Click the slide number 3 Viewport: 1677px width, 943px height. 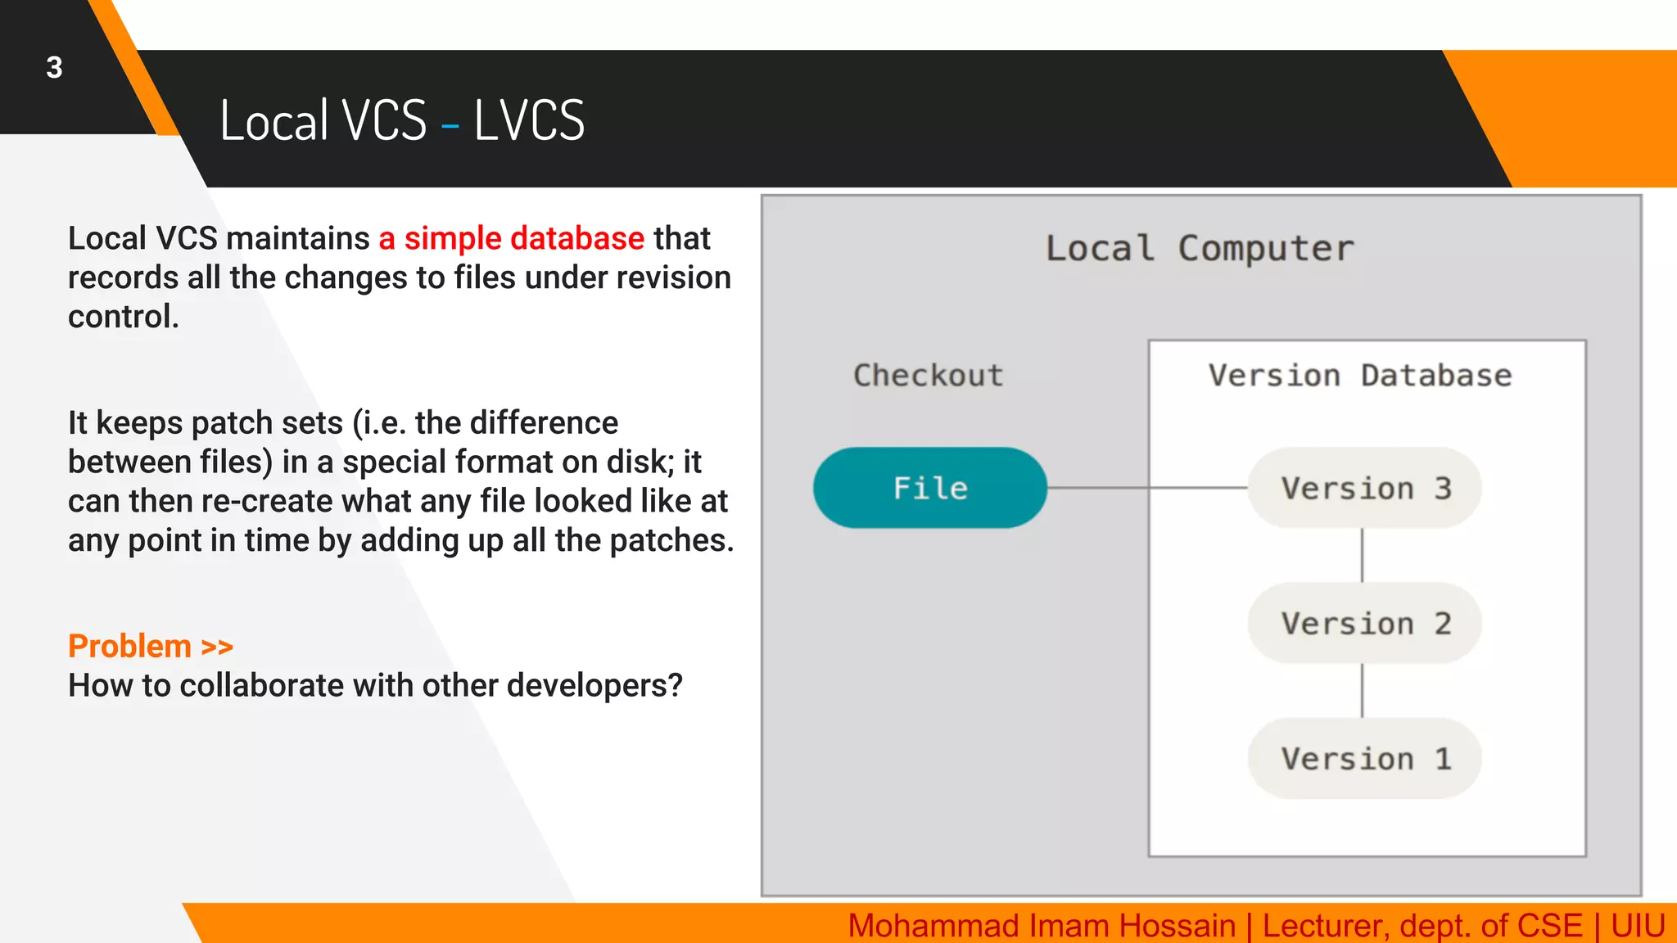point(54,68)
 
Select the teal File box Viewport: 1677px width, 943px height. point(929,488)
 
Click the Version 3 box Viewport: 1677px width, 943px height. point(1364,488)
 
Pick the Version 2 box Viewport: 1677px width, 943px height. point(1364,623)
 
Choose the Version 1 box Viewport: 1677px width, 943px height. point(1364,759)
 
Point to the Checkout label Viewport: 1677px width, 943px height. point(928,376)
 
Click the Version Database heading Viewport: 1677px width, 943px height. point(1359,376)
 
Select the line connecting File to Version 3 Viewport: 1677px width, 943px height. point(1146,488)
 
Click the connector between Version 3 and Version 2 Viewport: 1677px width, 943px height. point(1363,555)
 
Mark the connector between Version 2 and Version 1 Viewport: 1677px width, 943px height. point(1363,691)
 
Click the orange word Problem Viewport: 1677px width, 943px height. point(129,647)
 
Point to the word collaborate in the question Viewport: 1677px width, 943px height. point(264,686)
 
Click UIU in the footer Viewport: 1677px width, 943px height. point(1638,926)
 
